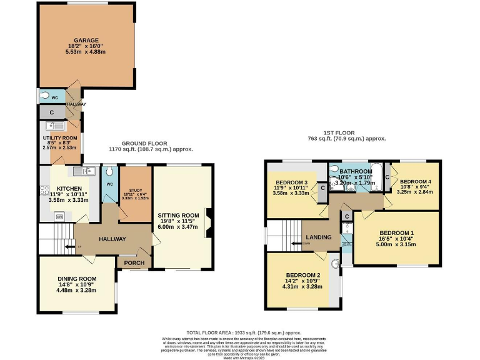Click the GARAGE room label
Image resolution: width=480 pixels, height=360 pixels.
pyautogui.click(x=86, y=40)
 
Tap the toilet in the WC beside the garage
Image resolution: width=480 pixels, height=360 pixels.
pyautogui.click(x=44, y=96)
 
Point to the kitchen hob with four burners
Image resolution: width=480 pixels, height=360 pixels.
pyautogui.click(x=44, y=192)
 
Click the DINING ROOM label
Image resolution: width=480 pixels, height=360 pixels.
pyautogui.click(x=77, y=279)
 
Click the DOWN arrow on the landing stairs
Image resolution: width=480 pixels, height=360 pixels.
pyautogui.click(x=306, y=244)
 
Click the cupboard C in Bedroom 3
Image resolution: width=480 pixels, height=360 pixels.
pyautogui.click(x=322, y=188)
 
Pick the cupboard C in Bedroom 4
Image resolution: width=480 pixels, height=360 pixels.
pyautogui.click(x=388, y=177)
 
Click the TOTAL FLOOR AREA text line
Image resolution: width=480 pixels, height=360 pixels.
pyautogui.click(x=240, y=332)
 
